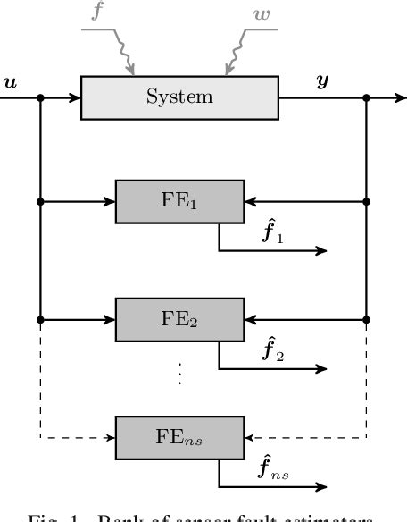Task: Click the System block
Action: [x=179, y=97]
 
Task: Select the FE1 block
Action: [x=179, y=202]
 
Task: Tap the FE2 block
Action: [x=179, y=320]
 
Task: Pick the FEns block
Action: [x=179, y=437]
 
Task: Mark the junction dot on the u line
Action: [x=41, y=97]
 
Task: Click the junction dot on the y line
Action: [x=367, y=97]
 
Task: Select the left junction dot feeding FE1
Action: [x=41, y=202]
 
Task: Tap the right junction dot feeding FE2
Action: [x=367, y=319]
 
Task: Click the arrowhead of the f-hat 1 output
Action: [x=322, y=250]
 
